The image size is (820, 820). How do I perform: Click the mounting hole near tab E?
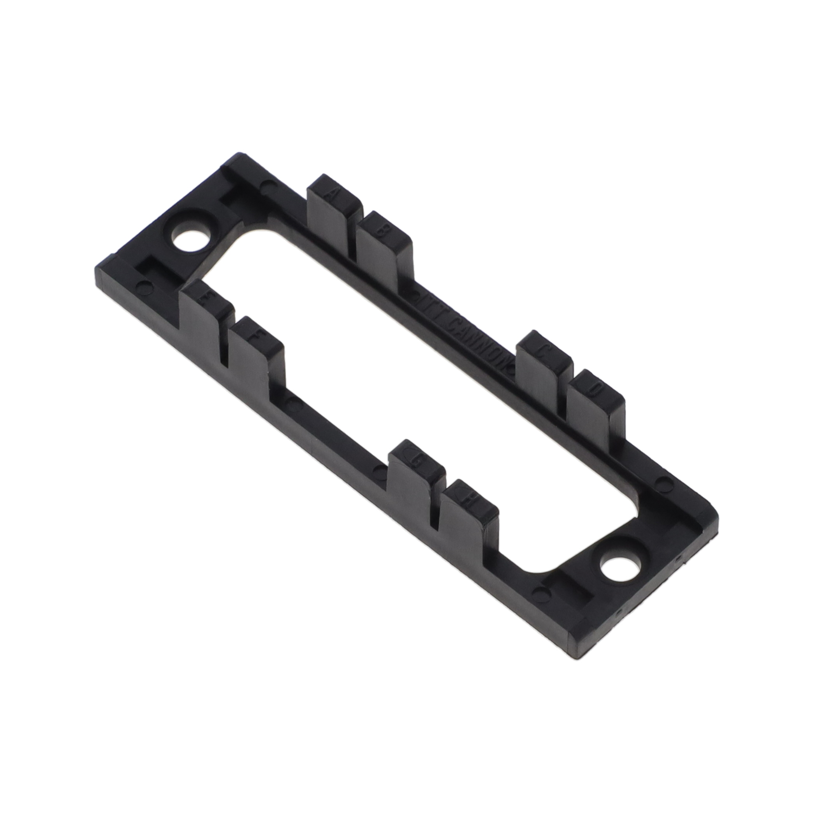coord(191,241)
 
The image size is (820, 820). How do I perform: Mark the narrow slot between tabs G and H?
coord(435,512)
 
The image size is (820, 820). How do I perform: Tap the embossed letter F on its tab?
coord(257,335)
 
